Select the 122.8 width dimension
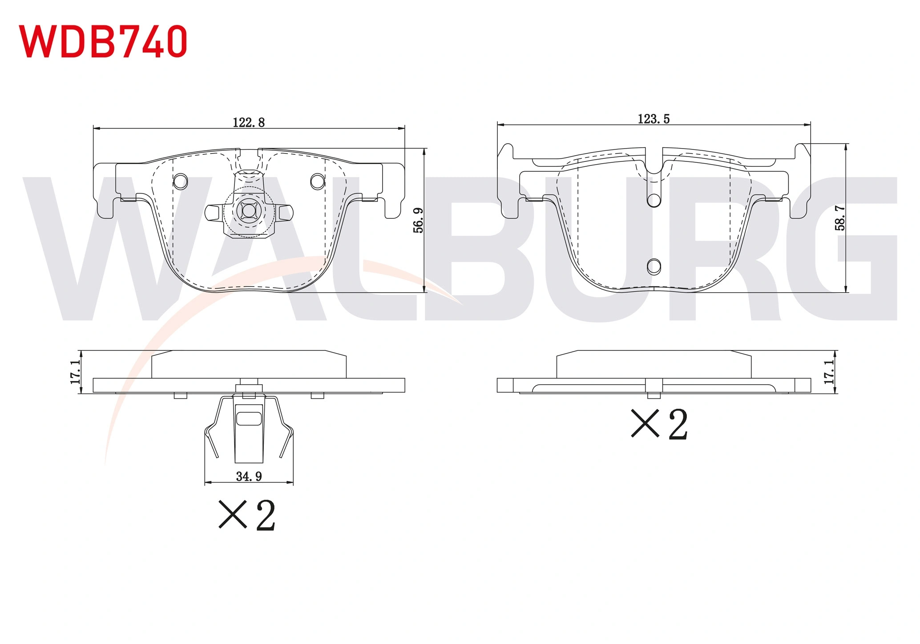249,122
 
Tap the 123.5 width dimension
654,119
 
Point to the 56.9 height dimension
418,220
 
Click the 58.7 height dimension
840,218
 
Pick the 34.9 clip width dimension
249,476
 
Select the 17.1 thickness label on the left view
75,372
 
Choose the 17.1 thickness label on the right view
829,372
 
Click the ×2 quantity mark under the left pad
247,515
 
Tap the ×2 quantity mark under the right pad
660,424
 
